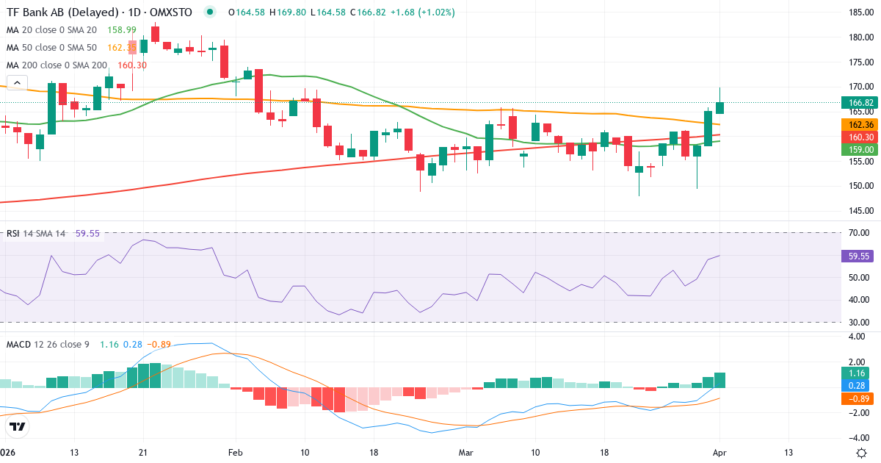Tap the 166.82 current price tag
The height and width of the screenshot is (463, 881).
[860, 103]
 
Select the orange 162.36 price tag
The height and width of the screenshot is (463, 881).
[860, 125]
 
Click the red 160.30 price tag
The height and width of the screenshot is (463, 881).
[860, 137]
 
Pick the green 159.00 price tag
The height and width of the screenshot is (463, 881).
[860, 149]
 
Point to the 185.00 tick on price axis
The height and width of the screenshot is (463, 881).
[860, 12]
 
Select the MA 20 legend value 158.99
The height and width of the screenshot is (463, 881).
[121, 29]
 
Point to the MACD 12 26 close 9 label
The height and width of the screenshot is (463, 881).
[48, 344]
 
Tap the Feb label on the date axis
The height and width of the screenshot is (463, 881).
[235, 452]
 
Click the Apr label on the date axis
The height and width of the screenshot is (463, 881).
[720, 452]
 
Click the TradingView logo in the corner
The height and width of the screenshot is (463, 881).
[18, 426]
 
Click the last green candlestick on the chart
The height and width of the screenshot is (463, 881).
[720, 107]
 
